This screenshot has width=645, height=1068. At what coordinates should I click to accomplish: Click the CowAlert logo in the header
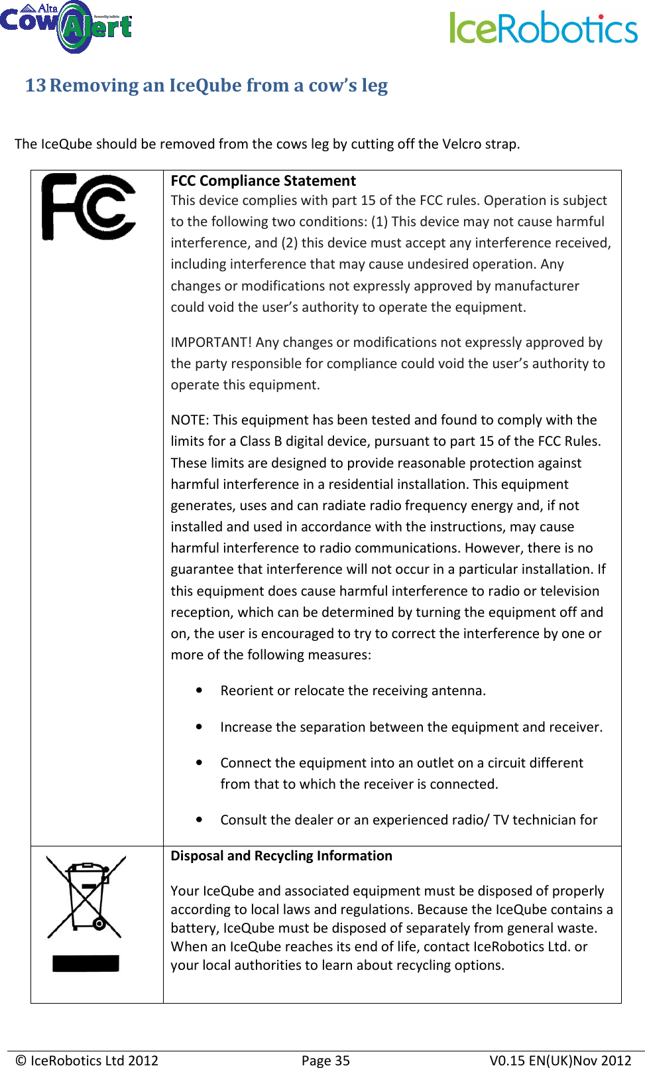click(x=66, y=27)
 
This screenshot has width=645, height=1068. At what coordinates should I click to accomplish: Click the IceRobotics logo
click(x=543, y=29)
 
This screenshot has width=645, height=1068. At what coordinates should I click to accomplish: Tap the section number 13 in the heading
click(x=35, y=86)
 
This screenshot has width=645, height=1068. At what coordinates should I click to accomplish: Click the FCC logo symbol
click(x=88, y=206)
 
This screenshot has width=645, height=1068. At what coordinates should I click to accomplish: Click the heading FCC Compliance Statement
click(x=263, y=180)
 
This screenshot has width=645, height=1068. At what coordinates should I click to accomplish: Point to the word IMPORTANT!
click(x=211, y=342)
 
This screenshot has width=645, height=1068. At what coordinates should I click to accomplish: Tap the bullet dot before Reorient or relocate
click(x=199, y=691)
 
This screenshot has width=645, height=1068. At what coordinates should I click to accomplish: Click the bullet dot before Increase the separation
click(x=199, y=727)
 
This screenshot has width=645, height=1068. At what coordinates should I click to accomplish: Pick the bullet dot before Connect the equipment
click(x=199, y=763)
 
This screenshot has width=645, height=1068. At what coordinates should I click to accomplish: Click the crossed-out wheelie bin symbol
click(x=86, y=896)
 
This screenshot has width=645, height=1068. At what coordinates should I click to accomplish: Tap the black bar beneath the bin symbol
click(x=86, y=963)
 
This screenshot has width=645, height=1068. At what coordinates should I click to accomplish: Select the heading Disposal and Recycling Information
click(x=281, y=856)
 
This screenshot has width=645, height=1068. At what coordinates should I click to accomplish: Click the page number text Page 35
click(x=325, y=1060)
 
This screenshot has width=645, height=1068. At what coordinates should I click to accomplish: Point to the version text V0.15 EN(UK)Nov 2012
click(x=559, y=1060)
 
